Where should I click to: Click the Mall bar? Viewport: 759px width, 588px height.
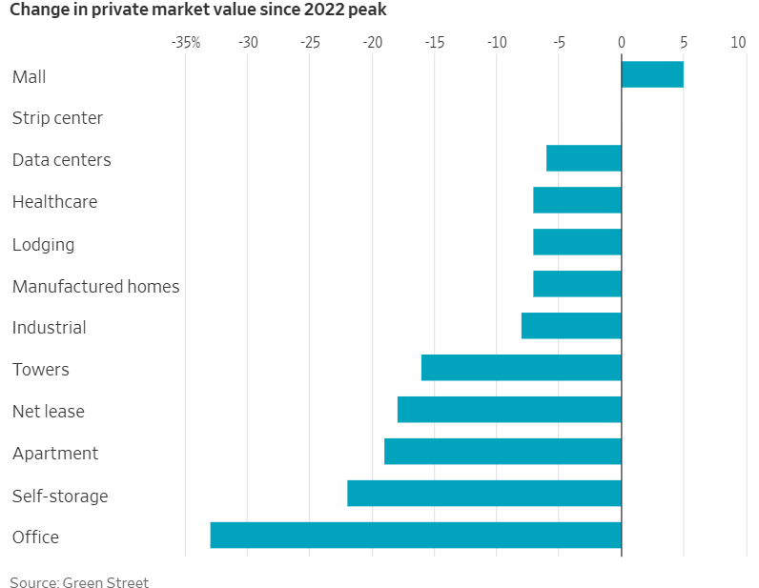[x=652, y=74]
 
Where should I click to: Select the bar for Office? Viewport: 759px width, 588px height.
[x=416, y=536]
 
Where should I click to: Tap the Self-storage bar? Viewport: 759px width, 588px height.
[x=484, y=493]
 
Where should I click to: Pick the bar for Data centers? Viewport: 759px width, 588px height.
[x=584, y=158]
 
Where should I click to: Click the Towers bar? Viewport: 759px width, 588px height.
[x=522, y=368]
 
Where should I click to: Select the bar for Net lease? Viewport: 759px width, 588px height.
[x=509, y=410]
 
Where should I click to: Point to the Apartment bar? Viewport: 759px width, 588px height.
[x=503, y=452]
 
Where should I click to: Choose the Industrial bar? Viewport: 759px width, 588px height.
[x=571, y=326]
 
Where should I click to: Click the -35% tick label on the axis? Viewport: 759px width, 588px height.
[x=186, y=43]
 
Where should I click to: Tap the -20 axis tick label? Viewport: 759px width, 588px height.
[x=373, y=43]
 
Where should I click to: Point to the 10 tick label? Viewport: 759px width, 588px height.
[x=738, y=43]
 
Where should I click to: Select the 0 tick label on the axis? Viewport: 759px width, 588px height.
[x=622, y=43]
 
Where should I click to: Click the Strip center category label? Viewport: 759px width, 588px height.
[x=57, y=118]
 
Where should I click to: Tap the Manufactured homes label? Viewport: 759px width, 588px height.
[x=96, y=287]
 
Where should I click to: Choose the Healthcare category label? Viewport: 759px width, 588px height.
[x=54, y=202]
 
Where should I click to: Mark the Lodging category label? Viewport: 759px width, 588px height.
[x=43, y=245]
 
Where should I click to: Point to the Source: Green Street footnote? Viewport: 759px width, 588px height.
[x=79, y=581]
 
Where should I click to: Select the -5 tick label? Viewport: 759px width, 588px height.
[x=559, y=43]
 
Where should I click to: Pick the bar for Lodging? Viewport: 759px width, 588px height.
[x=578, y=242]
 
